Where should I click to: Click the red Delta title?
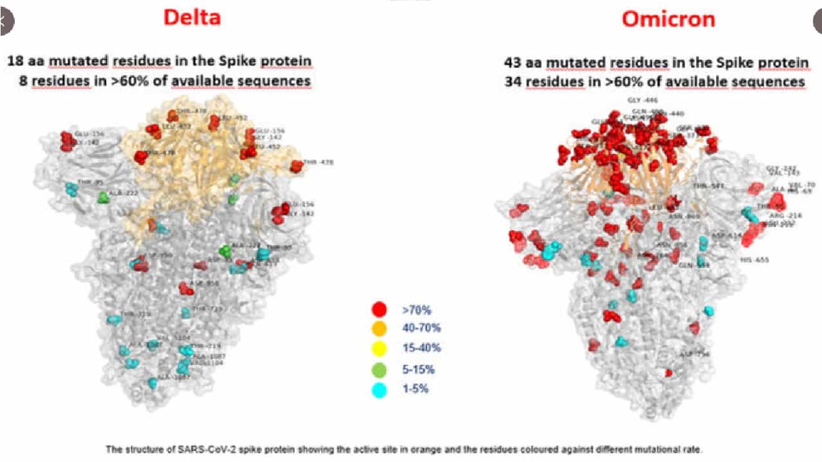coord(191,17)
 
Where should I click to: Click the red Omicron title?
coord(668,19)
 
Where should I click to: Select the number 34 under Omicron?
coord(513,82)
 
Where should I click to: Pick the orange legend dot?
coord(379,329)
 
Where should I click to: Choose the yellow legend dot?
coord(379,349)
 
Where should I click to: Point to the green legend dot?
coord(379,370)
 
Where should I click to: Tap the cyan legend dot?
coord(379,389)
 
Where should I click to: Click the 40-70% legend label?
coord(421,329)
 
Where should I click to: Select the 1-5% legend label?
coord(415,389)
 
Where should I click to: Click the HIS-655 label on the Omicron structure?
coord(754,261)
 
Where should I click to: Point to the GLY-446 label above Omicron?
coord(642,101)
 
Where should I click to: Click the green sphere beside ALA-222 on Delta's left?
coord(103,197)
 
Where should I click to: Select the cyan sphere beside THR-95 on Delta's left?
coord(72,189)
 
